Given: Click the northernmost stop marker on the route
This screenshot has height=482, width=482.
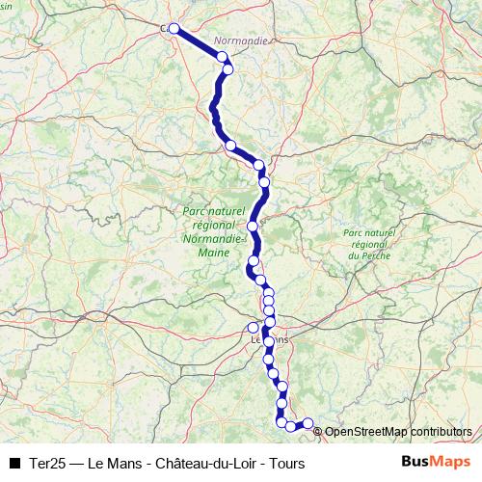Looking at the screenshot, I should (174, 29).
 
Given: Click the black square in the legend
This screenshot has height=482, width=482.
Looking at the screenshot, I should (14, 464).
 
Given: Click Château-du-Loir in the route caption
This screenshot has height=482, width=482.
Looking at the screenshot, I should (201, 464).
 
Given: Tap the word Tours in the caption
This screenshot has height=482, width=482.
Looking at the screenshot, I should (286, 464).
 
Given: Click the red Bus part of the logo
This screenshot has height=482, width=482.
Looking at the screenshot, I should (415, 463).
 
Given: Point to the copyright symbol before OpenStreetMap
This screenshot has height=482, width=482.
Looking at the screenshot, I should (318, 432).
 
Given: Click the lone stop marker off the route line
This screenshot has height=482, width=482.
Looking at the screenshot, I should (254, 328).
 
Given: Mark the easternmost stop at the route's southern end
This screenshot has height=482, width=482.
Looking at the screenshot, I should (308, 422).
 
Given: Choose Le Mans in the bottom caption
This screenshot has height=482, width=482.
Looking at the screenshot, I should (114, 464).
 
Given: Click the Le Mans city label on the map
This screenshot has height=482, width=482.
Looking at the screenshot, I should (269, 339).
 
